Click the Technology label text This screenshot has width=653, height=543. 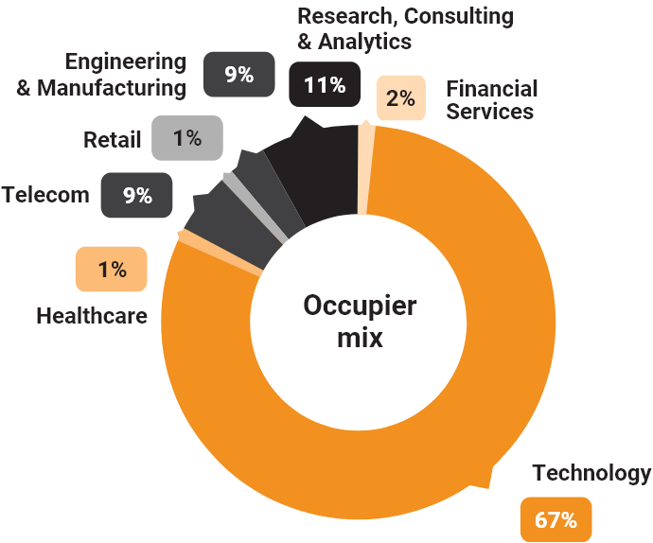(591, 473)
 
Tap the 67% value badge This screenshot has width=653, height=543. (556, 519)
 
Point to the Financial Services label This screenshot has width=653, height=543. (491, 99)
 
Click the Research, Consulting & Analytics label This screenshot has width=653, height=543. (405, 28)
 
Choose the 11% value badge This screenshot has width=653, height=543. (324, 85)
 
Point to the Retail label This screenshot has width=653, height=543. (112, 140)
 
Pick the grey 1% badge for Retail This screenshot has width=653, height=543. (186, 138)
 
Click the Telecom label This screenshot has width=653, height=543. (45, 196)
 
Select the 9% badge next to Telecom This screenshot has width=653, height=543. (137, 196)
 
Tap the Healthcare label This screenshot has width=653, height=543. (92, 315)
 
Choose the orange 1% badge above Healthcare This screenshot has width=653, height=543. (112, 270)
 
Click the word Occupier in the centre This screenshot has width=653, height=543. (360, 307)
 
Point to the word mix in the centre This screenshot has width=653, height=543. (360, 337)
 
